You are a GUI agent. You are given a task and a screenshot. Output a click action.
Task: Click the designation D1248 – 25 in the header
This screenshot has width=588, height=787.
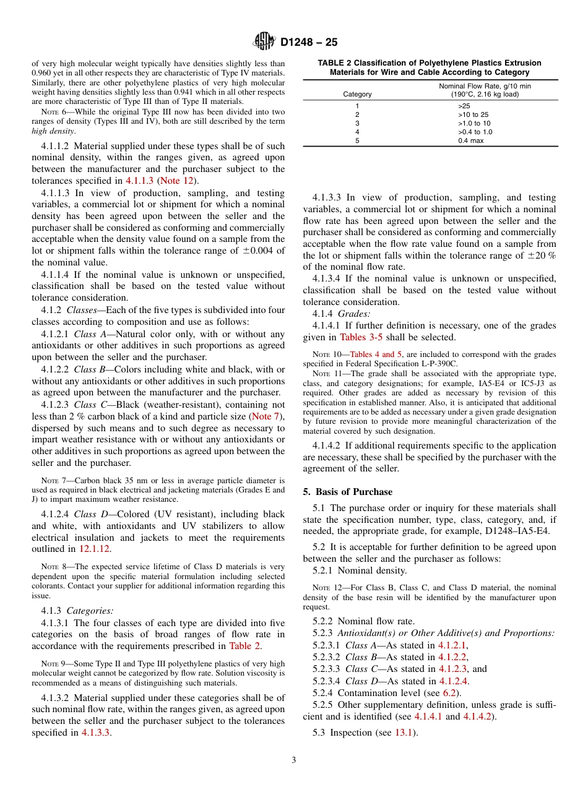309,43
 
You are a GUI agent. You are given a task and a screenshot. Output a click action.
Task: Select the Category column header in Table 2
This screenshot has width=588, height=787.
357,94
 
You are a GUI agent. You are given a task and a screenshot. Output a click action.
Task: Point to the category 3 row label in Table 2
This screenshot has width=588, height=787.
357,123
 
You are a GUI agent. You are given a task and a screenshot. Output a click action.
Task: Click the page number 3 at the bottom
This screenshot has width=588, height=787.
294,760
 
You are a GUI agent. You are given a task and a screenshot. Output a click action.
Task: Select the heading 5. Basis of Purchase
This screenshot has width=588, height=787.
347,492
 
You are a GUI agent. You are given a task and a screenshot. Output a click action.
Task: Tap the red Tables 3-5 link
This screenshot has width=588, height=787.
361,337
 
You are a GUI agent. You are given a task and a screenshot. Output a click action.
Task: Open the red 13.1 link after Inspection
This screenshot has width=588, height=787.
405,733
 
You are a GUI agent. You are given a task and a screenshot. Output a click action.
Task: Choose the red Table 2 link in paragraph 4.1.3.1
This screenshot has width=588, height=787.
244,646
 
